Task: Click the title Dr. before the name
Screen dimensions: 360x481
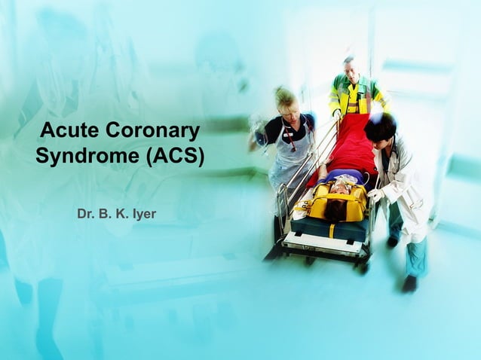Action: coord(86,215)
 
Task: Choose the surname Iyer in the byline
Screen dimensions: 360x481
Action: coord(144,215)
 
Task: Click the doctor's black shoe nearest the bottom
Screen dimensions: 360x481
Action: coord(409,283)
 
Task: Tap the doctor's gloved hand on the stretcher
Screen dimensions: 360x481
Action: coord(375,195)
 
